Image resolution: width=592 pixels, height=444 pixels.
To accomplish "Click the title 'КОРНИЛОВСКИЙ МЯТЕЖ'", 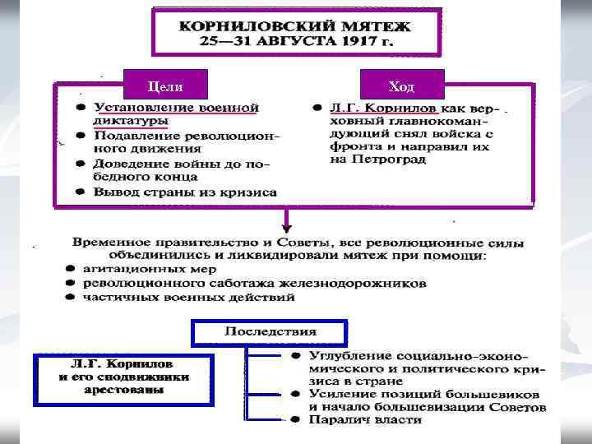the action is (296, 25).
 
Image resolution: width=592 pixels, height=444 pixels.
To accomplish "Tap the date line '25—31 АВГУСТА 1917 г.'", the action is (296, 40).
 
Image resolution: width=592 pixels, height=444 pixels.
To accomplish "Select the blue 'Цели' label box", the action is (164, 86).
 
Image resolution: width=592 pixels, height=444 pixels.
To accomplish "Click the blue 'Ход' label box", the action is (403, 86).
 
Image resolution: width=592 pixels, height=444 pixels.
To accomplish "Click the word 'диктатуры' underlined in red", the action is (131, 121).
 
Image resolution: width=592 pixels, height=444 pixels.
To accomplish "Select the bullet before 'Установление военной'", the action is (81, 108).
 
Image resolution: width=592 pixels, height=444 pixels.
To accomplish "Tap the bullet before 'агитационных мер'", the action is (71, 269).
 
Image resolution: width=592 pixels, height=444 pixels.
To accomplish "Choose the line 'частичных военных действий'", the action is (188, 297).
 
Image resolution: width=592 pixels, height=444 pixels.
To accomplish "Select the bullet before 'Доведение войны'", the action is (81, 164).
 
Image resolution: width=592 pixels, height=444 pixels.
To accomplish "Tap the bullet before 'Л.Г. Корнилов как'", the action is (317, 108).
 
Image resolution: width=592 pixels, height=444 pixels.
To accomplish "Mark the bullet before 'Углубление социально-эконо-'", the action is (294, 355).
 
